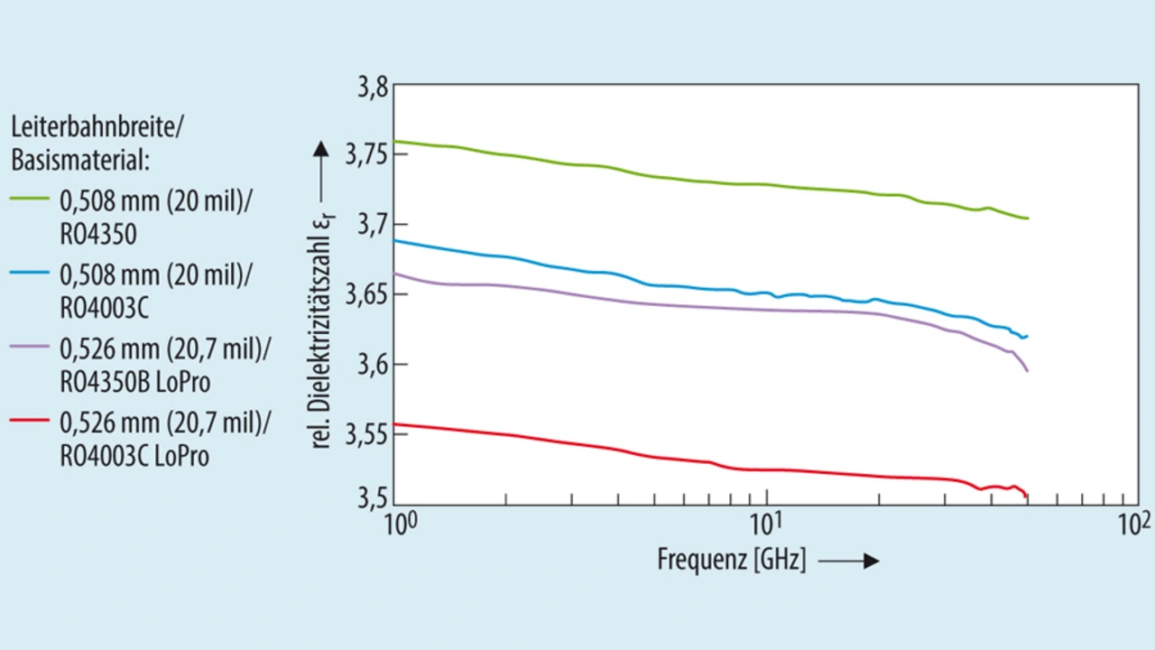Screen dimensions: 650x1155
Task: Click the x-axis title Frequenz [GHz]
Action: [x=731, y=561]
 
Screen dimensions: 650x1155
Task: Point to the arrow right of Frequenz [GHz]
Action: [x=849, y=562]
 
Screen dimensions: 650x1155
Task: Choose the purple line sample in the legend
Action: [x=31, y=348]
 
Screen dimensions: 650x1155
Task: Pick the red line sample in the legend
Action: [x=31, y=422]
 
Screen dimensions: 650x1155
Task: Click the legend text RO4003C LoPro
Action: [x=134, y=457]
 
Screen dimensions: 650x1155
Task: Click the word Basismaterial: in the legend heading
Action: [x=79, y=161]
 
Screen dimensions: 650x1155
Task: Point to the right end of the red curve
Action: [x=1027, y=496]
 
